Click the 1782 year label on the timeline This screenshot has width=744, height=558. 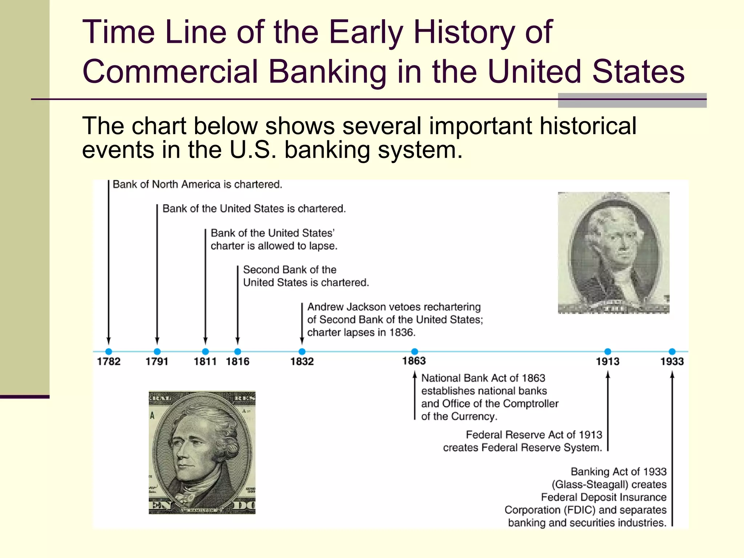click(109, 361)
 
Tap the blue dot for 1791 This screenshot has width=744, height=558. click(157, 351)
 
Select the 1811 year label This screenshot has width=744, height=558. click(205, 361)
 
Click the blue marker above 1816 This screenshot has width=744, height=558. click(238, 351)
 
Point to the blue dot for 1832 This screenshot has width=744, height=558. click(302, 351)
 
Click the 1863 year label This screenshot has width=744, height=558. click(414, 361)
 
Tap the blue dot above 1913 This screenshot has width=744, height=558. click(608, 351)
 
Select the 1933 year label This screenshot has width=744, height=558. click(672, 361)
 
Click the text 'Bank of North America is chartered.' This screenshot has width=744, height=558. click(197, 185)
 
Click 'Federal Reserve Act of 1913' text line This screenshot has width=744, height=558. click(534, 435)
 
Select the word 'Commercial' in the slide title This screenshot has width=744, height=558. click(170, 71)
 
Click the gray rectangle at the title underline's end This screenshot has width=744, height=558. click(632, 100)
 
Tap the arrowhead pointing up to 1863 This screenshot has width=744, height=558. click(415, 375)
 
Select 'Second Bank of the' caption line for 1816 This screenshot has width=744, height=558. click(290, 270)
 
